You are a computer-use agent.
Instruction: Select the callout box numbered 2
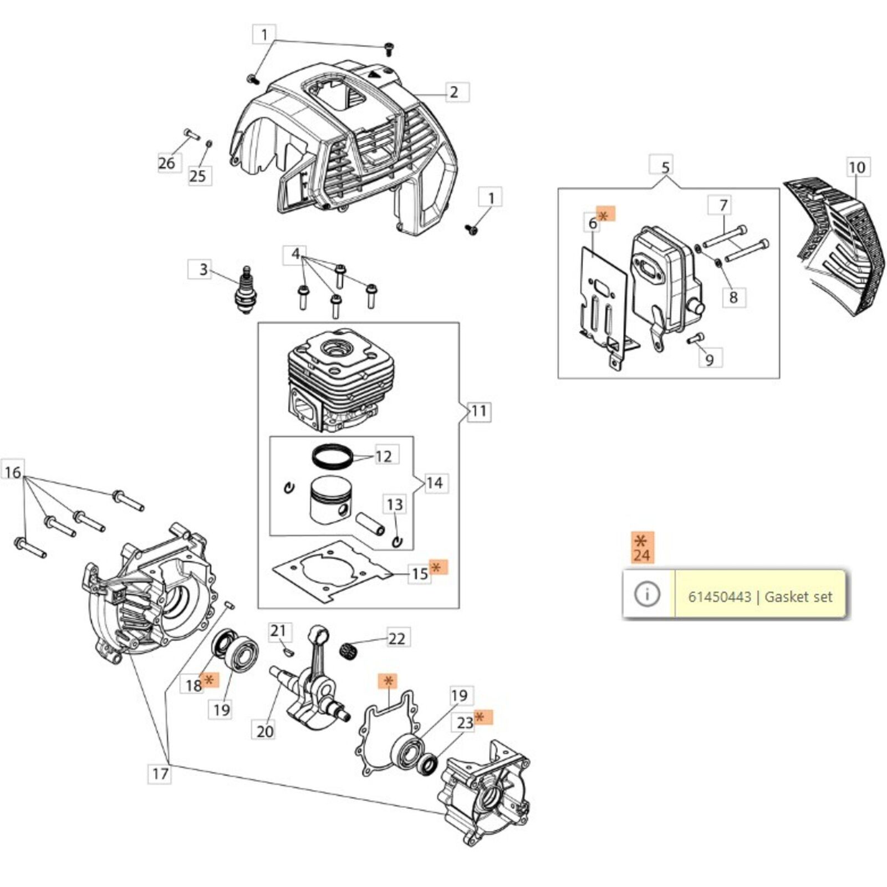pyautogui.click(x=454, y=92)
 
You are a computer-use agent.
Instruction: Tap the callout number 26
pyautogui.click(x=166, y=163)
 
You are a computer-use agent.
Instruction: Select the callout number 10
pyautogui.click(x=857, y=167)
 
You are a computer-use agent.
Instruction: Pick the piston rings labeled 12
pyautogui.click(x=332, y=457)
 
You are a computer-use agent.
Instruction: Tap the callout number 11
pyautogui.click(x=478, y=411)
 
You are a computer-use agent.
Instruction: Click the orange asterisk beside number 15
pyautogui.click(x=438, y=567)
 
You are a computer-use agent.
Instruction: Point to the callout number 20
pyautogui.click(x=264, y=731)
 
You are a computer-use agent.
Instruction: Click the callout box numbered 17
pyautogui.click(x=160, y=773)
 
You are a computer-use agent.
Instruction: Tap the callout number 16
pyautogui.click(x=13, y=472)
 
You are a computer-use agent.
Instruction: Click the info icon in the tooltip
pyautogui.click(x=647, y=594)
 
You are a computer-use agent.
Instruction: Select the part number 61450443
pyautogui.click(x=719, y=597)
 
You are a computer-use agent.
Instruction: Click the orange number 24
pyautogui.click(x=642, y=555)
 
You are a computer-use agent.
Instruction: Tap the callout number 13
pyautogui.click(x=394, y=504)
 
